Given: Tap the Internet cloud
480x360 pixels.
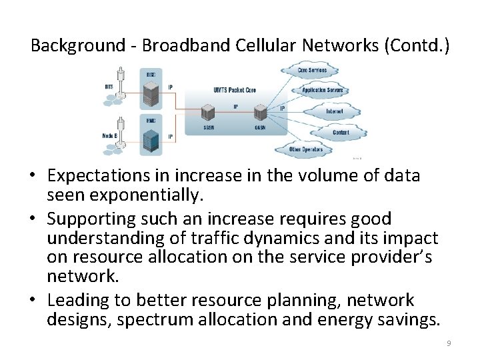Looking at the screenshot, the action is click(334, 111).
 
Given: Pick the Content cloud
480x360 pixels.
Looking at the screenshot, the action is click(340, 133).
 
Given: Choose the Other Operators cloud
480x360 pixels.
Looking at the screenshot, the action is click(306, 149).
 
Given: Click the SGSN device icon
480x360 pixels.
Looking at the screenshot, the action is click(209, 112).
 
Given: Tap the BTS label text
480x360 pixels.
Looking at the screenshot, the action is click(109, 87).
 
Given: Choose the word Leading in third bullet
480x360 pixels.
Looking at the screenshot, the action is click(75, 300).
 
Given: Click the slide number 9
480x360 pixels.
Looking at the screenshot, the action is click(449, 343).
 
